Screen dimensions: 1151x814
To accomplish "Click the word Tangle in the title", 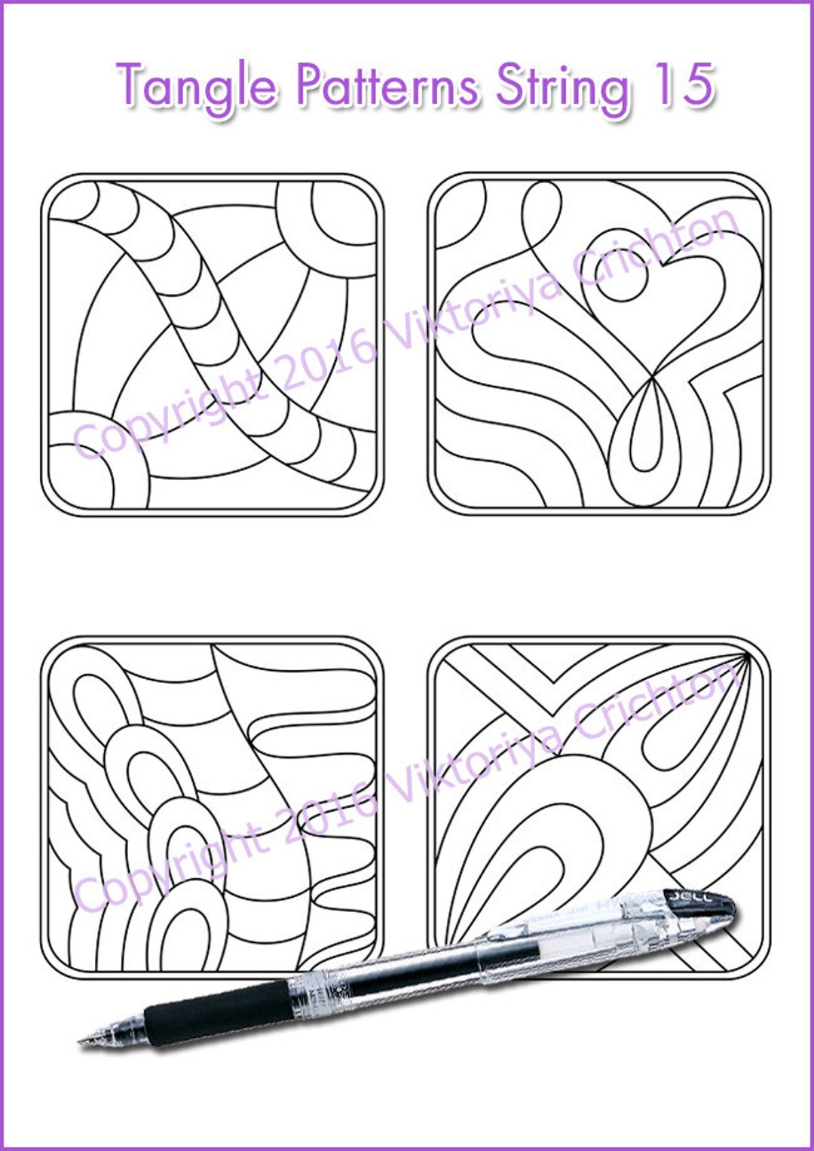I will click(197, 85).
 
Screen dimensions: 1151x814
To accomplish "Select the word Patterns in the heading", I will click(387, 84).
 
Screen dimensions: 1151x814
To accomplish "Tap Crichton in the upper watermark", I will click(656, 249).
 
